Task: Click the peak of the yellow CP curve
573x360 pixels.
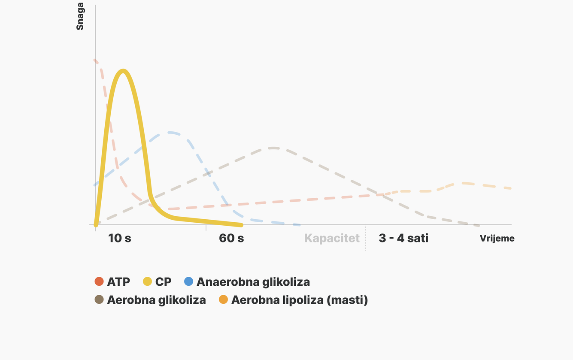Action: coord(123,71)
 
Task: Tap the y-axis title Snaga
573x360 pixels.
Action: coord(80,16)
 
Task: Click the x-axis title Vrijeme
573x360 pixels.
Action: coord(497,238)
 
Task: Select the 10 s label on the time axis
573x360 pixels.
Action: coord(119,238)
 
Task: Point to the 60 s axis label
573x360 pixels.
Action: coord(231,238)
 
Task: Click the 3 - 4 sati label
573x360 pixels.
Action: coord(403,238)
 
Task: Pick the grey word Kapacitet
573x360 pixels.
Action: coord(332,239)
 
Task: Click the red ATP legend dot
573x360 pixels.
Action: coord(99,281)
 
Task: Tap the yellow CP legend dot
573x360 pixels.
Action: coord(147,281)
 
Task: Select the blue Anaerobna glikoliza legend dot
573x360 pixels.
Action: coord(188,281)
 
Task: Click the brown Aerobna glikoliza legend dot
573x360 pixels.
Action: coord(99,299)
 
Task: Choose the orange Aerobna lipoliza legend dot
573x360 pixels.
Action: coord(223,299)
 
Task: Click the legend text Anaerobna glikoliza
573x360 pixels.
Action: coord(253,282)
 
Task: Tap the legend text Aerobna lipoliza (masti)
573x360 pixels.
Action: coord(300,300)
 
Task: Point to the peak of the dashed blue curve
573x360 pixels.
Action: coord(170,133)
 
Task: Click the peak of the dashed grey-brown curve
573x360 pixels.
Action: coord(273,148)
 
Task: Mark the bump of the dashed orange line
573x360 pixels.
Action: coord(463,183)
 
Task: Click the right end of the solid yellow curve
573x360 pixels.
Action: coord(241,225)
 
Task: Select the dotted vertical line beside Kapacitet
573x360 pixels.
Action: coord(366,238)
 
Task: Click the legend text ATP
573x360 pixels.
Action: coord(118,282)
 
